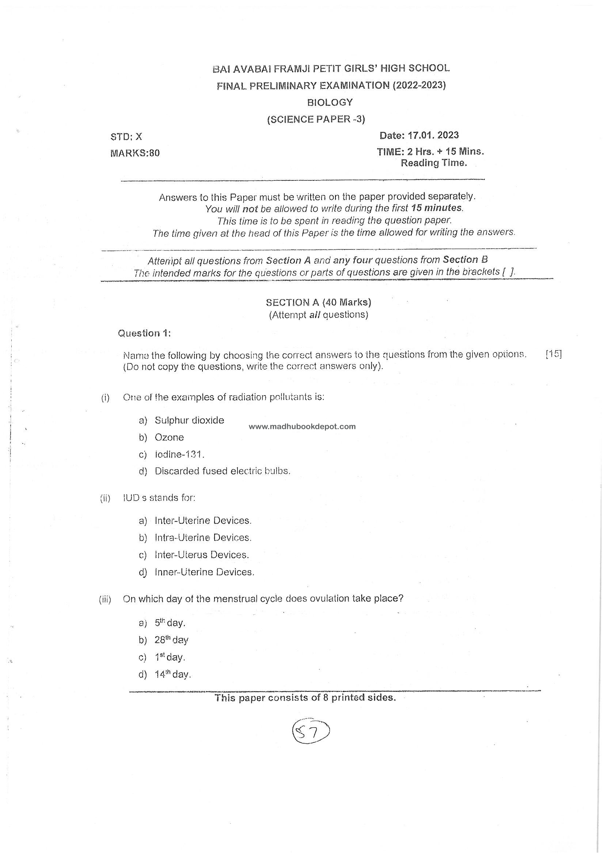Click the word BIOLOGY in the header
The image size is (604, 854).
(x=330, y=102)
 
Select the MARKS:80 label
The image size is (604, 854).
(x=135, y=153)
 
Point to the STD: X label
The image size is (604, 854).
(x=126, y=137)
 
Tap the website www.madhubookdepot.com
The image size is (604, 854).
(x=302, y=427)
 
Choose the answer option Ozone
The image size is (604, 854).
(x=169, y=438)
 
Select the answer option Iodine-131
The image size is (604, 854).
(x=179, y=454)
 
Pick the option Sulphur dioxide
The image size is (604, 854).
(x=189, y=420)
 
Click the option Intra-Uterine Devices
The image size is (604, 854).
(x=203, y=538)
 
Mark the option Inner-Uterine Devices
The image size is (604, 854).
(x=204, y=572)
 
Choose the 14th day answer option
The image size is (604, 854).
(x=173, y=674)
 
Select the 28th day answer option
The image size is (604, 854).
(x=172, y=640)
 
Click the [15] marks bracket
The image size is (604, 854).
(x=553, y=354)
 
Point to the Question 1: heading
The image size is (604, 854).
(x=144, y=333)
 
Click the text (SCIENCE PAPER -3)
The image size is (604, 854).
(x=316, y=119)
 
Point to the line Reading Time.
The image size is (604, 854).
(x=434, y=163)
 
